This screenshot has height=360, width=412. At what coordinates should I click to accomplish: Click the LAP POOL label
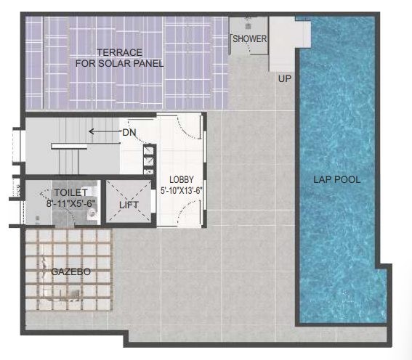pyautogui.click(x=337, y=180)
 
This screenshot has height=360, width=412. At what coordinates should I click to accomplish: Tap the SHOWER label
pyautogui.click(x=250, y=39)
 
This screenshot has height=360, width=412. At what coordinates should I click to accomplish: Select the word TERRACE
pyautogui.click(x=120, y=52)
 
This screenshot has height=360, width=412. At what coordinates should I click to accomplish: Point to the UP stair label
pyautogui.click(x=285, y=78)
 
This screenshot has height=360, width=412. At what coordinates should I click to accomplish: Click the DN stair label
pyautogui.click(x=129, y=133)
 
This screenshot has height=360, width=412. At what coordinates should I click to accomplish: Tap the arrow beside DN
pyautogui.click(x=105, y=131)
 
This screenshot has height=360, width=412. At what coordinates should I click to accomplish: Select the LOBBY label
pyautogui.click(x=182, y=180)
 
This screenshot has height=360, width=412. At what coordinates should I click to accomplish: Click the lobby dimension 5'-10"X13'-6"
pyautogui.click(x=182, y=190)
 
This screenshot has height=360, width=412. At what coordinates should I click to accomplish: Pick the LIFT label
pyautogui.click(x=129, y=205)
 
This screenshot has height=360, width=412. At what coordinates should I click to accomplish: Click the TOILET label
pyautogui.click(x=70, y=192)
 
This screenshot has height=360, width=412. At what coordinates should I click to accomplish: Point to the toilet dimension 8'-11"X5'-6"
pyautogui.click(x=70, y=203)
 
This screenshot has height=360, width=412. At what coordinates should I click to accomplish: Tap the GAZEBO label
pyautogui.click(x=71, y=272)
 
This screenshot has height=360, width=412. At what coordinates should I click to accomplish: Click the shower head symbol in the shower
pyautogui.click(x=248, y=25)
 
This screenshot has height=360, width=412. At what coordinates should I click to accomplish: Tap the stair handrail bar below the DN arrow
pyautogui.click(x=69, y=147)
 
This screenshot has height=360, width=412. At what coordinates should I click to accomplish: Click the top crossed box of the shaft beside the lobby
pyautogui.click(x=148, y=151)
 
